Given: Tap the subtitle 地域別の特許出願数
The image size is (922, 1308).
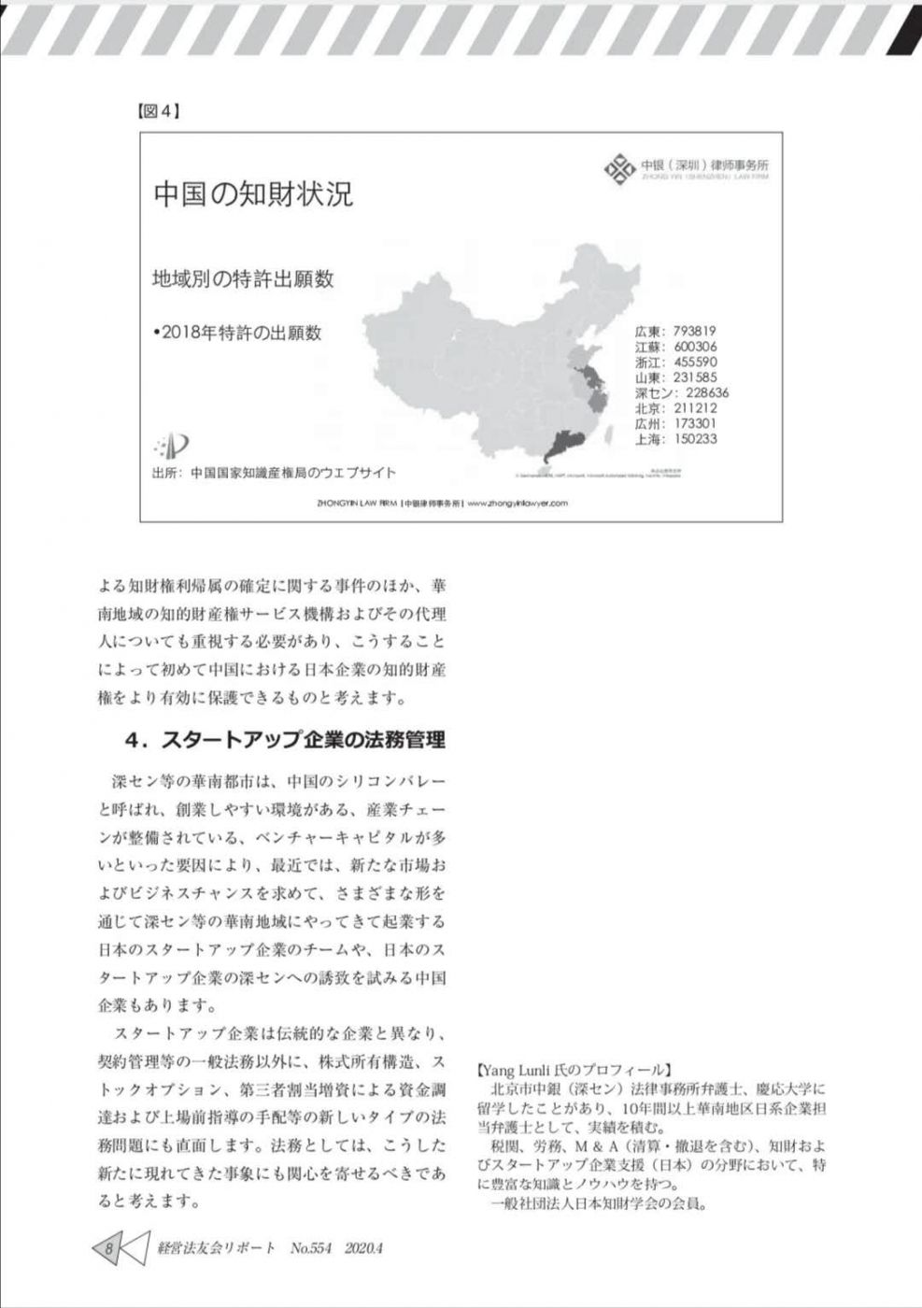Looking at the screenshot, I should pyautogui.click(x=242, y=278).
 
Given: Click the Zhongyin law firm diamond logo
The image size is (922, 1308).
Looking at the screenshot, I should pyautogui.click(x=619, y=168).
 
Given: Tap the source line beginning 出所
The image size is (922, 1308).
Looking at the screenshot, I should pyautogui.click(x=274, y=473).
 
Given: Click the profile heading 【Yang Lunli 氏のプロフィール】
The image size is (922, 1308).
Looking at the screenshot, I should pyautogui.click(x=572, y=1069).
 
